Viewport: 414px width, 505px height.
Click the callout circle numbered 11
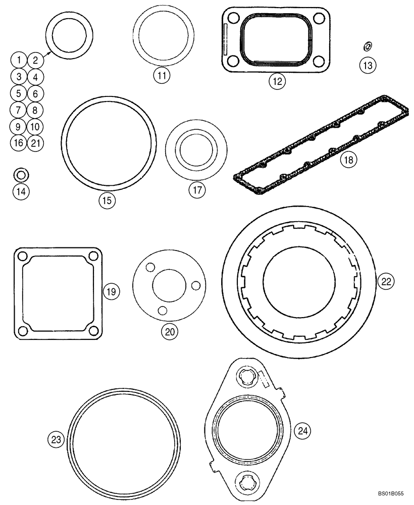(162, 76)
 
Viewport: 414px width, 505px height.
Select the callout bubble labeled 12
(277, 80)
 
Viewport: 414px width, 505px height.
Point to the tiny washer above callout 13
(367, 47)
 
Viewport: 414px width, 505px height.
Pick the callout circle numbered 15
(107, 200)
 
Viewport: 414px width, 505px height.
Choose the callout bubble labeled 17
(197, 190)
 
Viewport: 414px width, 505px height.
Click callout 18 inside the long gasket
(348, 160)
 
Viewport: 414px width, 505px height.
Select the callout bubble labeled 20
(169, 331)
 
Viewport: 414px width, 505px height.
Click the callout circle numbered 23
(55, 440)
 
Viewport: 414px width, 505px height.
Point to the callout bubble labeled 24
(303, 431)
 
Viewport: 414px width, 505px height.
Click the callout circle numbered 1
(19, 61)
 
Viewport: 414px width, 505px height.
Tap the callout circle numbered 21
(35, 142)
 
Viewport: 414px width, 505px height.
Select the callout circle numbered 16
(19, 142)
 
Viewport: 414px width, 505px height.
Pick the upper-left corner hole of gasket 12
(233, 19)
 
